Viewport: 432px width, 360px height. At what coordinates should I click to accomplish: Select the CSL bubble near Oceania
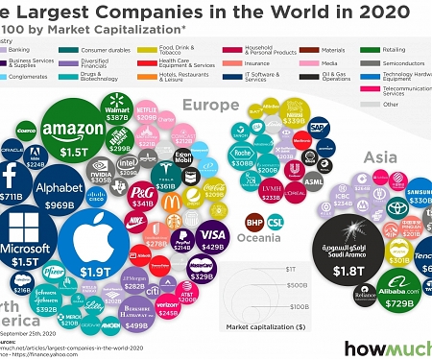[276, 222]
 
